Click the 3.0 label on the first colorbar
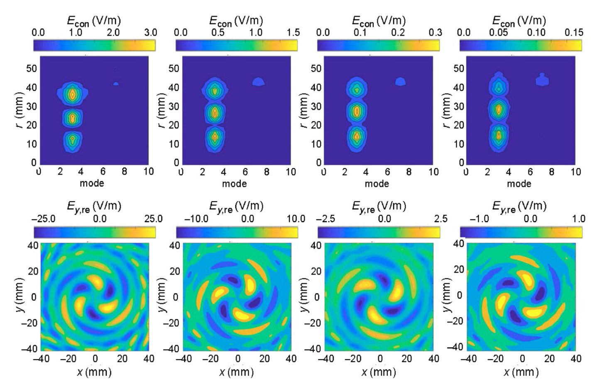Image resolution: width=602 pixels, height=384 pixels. coord(150,32)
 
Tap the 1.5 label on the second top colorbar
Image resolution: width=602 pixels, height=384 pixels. coord(293,32)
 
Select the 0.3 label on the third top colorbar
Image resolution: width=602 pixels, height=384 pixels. coord(435,32)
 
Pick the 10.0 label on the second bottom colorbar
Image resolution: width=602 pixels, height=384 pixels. coord(296,219)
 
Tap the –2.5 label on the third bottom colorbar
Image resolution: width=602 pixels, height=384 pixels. coord(326,219)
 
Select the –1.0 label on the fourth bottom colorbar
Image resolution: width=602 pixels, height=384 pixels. coord(480,219)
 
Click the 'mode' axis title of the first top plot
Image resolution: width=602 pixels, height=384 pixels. coord(92,183)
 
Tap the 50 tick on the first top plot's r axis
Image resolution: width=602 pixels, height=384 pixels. coord(32,68)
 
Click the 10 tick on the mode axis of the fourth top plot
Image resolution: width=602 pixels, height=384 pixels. coord(575,172)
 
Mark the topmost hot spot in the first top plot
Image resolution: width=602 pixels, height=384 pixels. coord(73,95)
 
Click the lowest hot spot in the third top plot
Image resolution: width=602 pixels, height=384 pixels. coord(357,136)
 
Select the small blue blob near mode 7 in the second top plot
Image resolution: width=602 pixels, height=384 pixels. coord(258,82)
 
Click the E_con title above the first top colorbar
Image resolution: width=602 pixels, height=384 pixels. coord(94,22)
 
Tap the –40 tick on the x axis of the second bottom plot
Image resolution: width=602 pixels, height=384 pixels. coord(184,359)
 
